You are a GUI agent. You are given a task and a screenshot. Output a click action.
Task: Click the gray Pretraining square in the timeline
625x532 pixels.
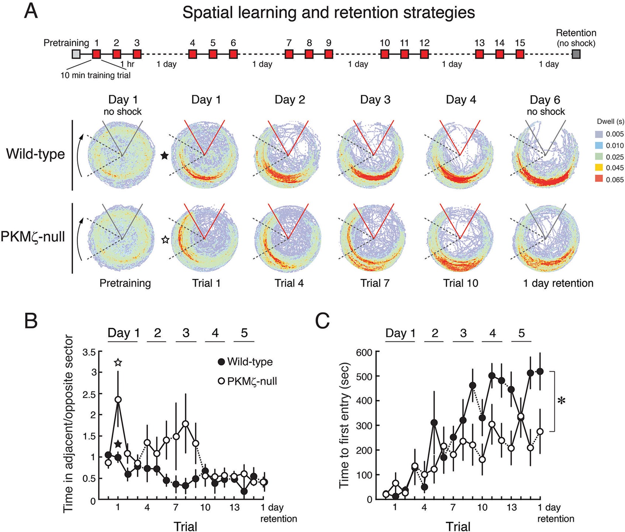(76, 54)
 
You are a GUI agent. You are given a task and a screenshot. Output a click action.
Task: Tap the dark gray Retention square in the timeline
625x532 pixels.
(576, 54)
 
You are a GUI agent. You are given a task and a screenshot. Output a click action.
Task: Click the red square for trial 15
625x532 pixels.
(520, 54)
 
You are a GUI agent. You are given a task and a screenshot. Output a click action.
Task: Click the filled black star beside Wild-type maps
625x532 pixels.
(165, 156)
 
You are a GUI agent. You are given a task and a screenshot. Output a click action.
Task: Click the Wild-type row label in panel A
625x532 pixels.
(35, 154)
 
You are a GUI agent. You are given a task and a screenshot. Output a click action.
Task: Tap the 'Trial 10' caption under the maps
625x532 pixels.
(460, 283)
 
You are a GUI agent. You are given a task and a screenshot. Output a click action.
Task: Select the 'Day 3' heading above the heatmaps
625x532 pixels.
(375, 100)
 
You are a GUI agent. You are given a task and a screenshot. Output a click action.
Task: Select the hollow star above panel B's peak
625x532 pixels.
(118, 363)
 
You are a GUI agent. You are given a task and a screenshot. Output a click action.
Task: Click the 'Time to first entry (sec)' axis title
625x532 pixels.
(344, 425)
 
